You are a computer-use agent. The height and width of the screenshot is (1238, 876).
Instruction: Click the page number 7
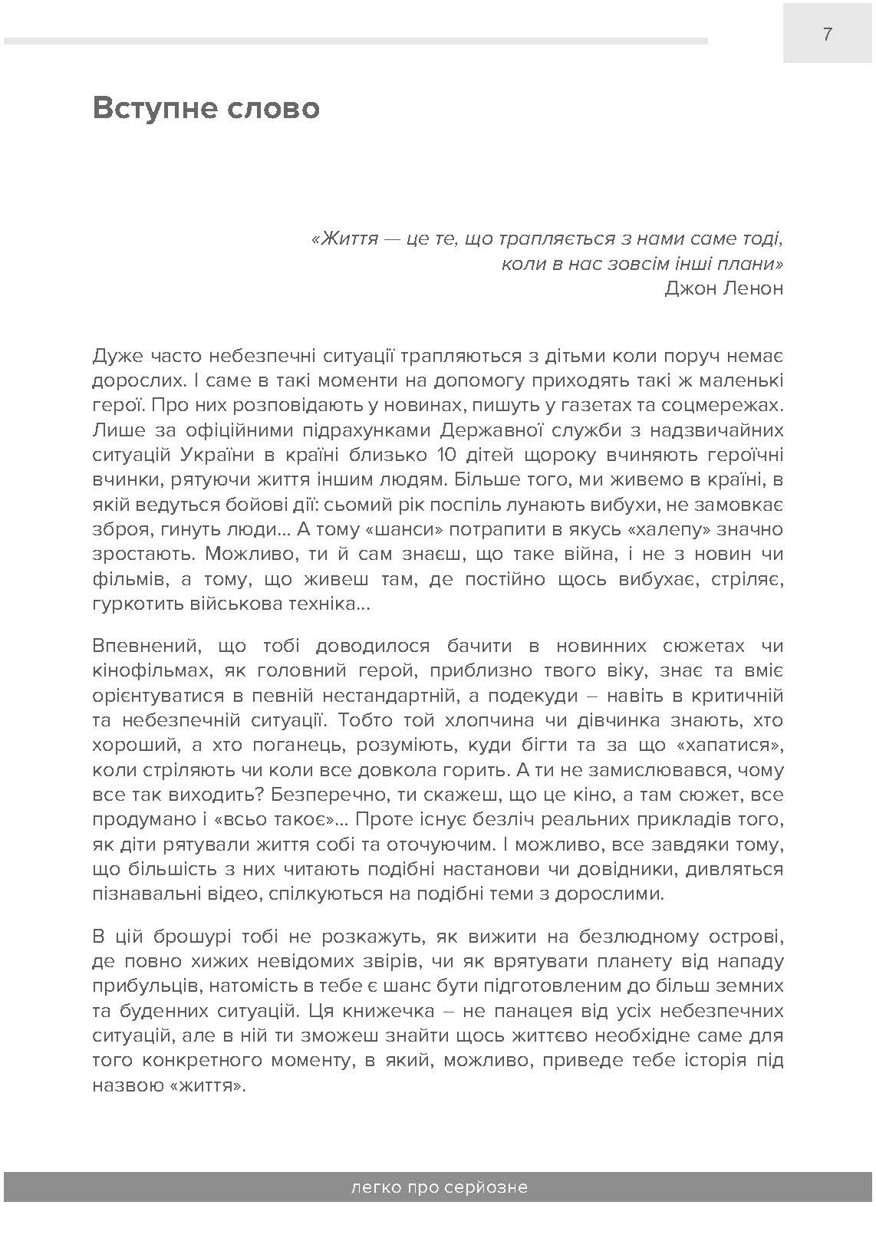827,34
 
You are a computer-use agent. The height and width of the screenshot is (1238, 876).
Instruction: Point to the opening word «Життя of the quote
346,239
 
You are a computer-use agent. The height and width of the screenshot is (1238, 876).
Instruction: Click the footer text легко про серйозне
438,1187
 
